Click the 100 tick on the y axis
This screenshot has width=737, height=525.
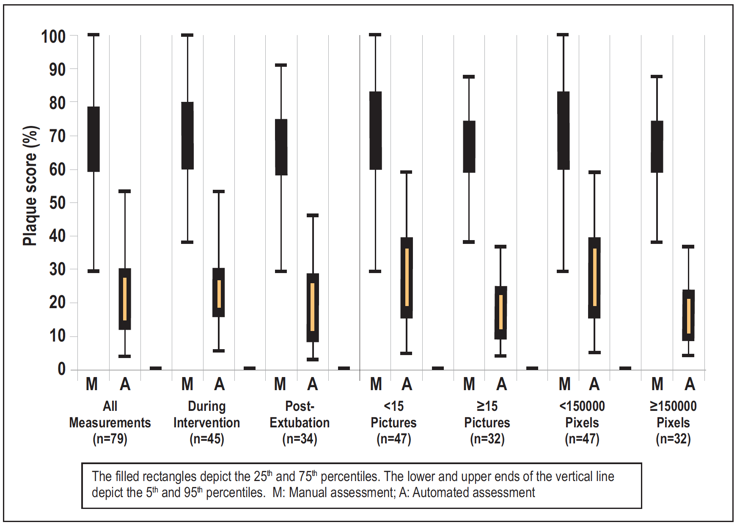tap(74, 35)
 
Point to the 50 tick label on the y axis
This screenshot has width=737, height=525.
tap(58, 203)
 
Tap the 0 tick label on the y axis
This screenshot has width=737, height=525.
tap(62, 369)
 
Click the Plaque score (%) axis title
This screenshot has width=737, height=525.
tap(30, 186)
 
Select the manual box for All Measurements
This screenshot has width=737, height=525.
tap(93, 139)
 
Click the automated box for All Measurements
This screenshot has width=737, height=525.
tap(125, 299)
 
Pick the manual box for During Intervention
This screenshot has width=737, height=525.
tap(187, 136)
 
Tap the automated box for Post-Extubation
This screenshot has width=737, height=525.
tap(313, 308)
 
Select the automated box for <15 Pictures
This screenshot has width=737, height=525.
tap(407, 278)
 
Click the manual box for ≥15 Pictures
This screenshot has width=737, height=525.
tap(469, 147)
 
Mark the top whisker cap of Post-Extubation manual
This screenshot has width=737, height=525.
tap(281, 65)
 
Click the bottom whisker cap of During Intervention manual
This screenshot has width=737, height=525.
tap(187, 242)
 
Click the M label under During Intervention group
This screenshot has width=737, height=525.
tap(187, 384)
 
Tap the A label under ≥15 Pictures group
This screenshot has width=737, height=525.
tap(501, 384)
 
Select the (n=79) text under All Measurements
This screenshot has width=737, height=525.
tap(110, 439)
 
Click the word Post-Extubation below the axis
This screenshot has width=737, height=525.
tap(300, 414)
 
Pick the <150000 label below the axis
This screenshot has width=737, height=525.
tap(582, 406)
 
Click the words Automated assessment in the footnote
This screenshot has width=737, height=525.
tap(474, 492)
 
